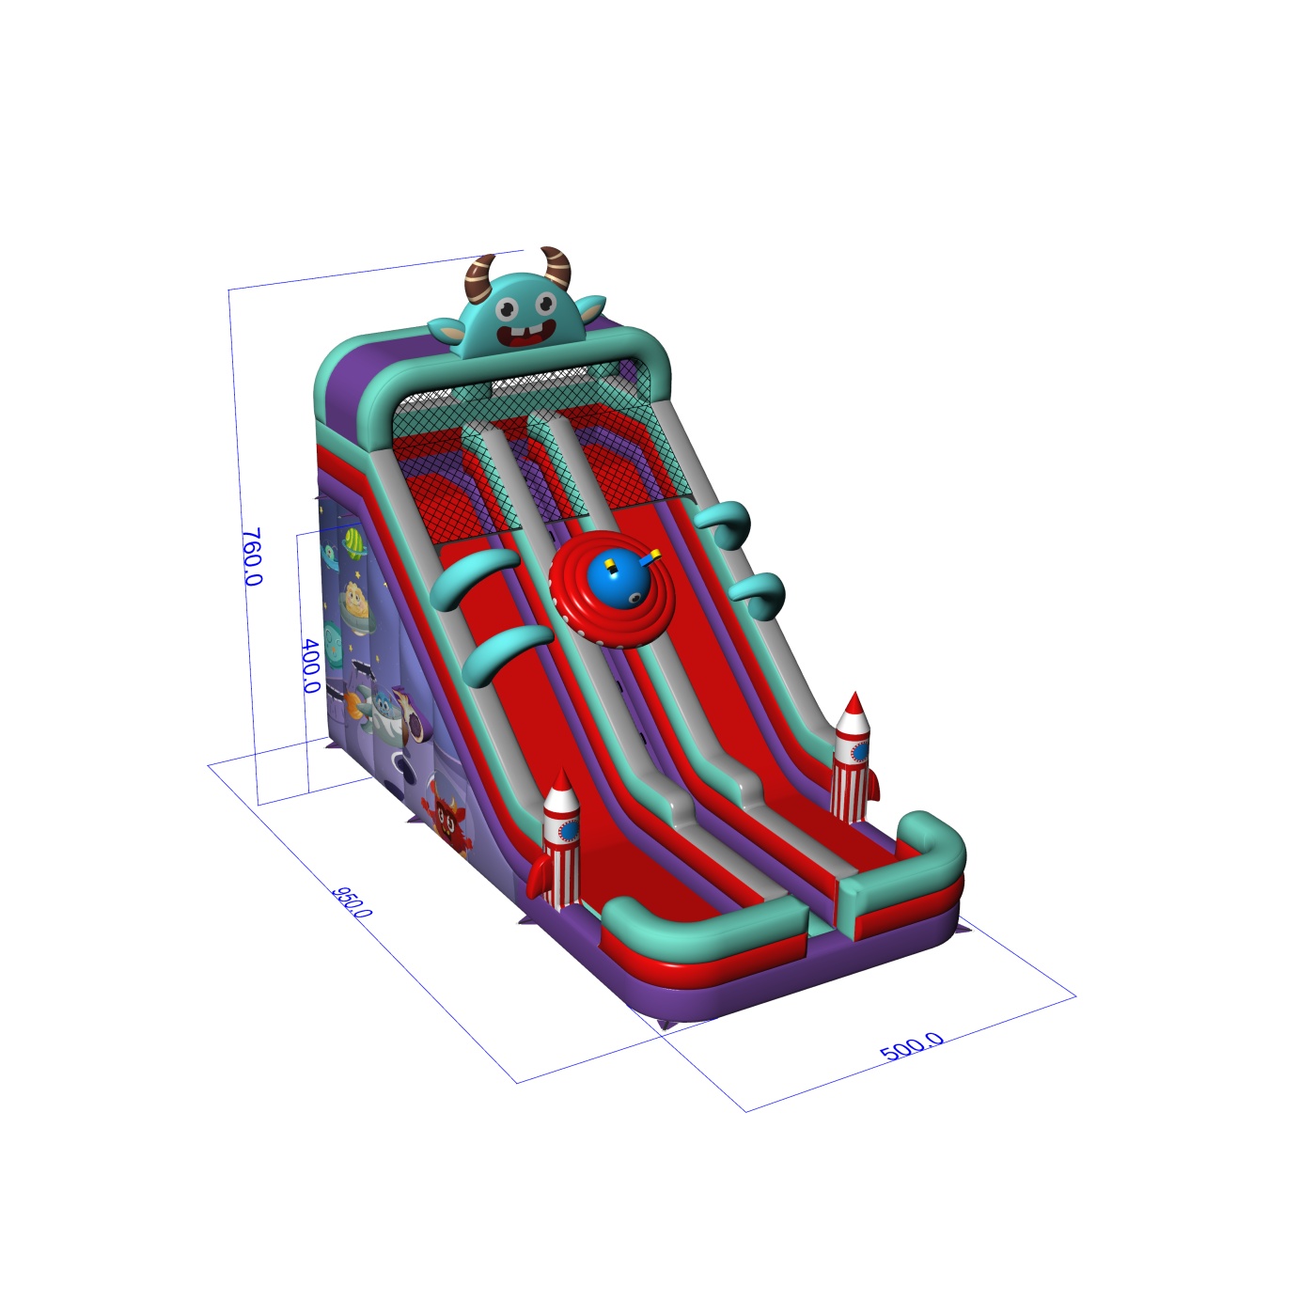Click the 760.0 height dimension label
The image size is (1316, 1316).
point(252,556)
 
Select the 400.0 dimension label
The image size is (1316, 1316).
point(311,666)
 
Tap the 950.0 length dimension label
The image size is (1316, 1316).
point(352,902)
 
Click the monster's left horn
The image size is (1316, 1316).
point(478,278)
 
